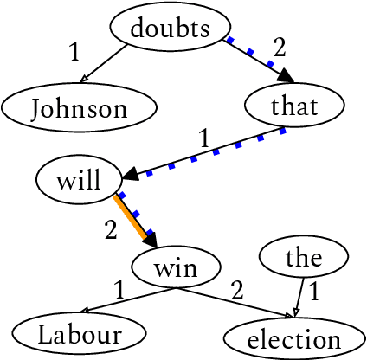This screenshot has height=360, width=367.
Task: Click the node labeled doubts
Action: click(x=171, y=28)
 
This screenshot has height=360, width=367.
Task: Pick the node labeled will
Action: click(x=78, y=181)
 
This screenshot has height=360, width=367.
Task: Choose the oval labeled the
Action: click(x=304, y=257)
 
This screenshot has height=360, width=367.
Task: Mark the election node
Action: click(x=294, y=338)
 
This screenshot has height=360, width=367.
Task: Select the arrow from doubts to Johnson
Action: click(x=112, y=64)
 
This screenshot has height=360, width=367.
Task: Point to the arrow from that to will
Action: click(x=207, y=151)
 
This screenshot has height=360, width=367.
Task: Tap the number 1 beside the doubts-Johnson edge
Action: click(x=74, y=52)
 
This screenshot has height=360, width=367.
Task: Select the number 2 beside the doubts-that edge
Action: click(x=279, y=46)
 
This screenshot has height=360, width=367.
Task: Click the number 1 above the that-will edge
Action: click(x=204, y=136)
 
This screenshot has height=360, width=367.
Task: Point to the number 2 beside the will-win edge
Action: click(x=111, y=229)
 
